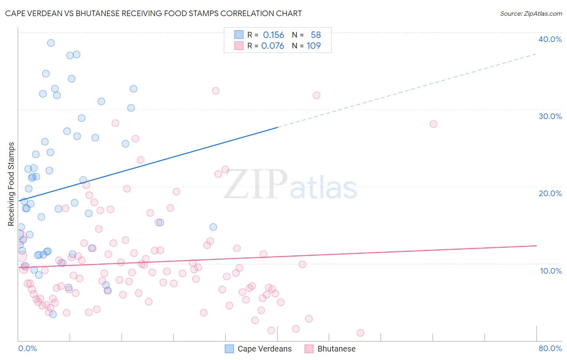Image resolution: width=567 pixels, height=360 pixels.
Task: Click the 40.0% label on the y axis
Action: pos(550,39)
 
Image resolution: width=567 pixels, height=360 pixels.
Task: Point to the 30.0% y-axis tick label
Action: pos(550,116)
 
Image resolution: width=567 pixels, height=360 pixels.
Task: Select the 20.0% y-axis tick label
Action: pos(550,193)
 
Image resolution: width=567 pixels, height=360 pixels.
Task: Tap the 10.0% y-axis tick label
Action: pos(551,271)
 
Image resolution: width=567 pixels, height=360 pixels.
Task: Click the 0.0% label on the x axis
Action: pos(27,348)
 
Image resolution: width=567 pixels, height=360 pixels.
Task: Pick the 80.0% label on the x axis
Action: pos(550,348)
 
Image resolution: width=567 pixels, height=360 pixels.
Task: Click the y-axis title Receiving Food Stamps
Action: pos(11,184)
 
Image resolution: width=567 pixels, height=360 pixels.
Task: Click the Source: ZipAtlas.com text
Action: pos(531,13)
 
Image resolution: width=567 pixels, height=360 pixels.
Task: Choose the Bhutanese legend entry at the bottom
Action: pos(336,349)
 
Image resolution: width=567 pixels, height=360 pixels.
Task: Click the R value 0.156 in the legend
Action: pos(273,35)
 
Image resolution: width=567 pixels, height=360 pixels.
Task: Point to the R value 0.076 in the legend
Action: pos(273,46)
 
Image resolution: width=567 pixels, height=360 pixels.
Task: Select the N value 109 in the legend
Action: pos(314,46)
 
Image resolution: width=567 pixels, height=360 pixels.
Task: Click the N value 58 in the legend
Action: pos(316,35)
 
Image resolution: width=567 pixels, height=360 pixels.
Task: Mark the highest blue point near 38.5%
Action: pos(51,43)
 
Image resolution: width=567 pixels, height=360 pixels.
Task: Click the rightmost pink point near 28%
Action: pos(434,124)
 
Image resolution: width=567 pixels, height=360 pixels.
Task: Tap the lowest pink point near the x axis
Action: pos(361,333)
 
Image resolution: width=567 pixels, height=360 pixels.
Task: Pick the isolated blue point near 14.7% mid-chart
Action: pos(213,227)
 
